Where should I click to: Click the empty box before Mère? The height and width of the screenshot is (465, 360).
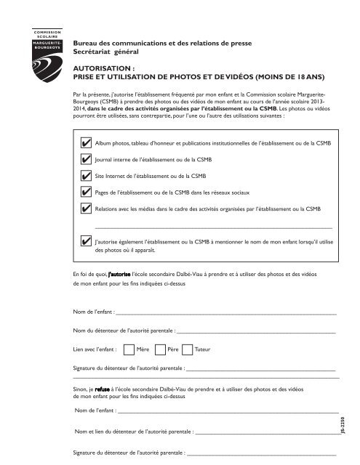(x=129, y=349)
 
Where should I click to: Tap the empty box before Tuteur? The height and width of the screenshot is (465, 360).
(x=186, y=349)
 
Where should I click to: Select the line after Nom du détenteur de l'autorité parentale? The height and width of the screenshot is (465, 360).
(x=255, y=331)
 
